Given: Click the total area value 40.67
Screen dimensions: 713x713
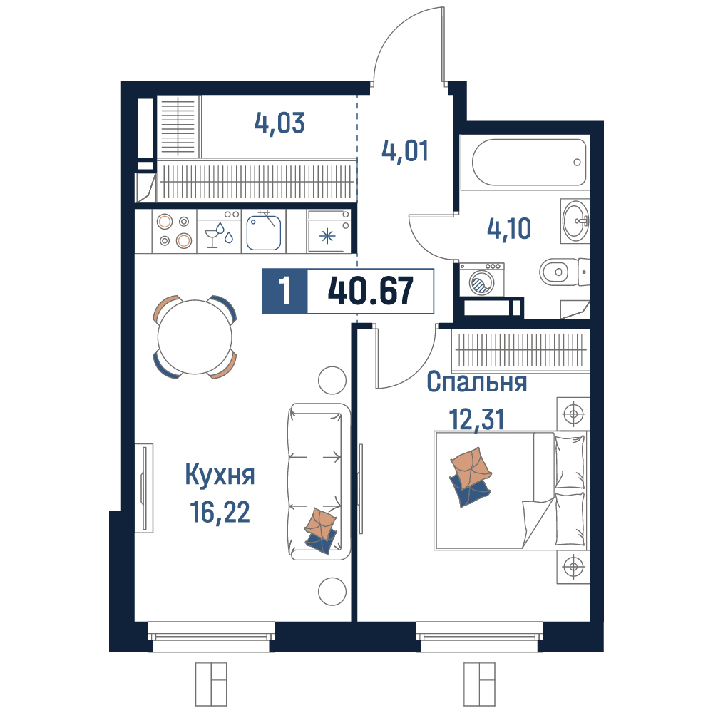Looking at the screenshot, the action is point(371,291).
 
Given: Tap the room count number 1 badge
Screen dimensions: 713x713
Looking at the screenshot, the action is point(285,291).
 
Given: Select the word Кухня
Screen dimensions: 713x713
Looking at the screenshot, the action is point(220,476).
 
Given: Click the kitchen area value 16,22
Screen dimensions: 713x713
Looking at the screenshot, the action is point(220,512).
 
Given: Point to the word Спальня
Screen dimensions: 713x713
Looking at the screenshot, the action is point(477,382).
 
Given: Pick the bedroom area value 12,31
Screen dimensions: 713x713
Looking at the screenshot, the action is point(476,419).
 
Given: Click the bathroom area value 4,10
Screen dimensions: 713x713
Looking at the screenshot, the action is point(509,228).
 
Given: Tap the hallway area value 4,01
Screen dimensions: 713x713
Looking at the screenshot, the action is point(405,151).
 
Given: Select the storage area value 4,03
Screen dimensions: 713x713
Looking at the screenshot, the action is point(279,123).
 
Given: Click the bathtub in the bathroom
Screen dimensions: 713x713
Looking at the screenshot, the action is point(529,163).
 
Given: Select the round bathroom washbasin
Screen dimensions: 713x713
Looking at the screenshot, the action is point(575,221).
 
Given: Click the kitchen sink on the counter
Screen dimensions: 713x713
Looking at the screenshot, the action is point(263,232).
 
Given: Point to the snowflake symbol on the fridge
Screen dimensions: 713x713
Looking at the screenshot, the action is point(327,237).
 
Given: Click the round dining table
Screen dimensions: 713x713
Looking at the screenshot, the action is point(195,337).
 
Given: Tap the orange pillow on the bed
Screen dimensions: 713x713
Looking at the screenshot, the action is point(471,468).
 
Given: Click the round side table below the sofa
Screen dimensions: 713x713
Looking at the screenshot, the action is point(332,592).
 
